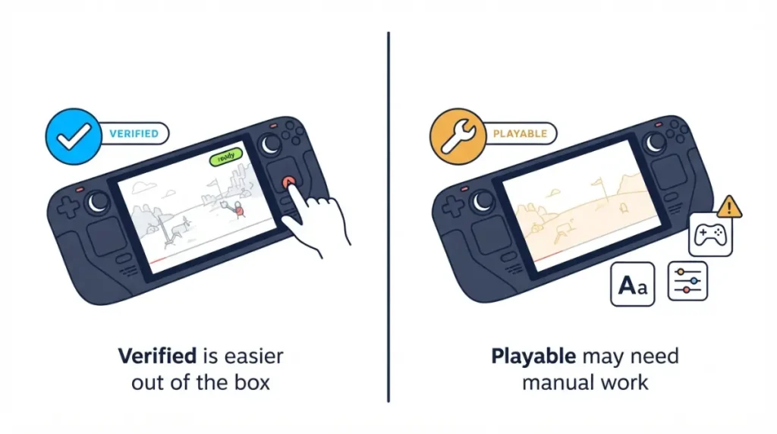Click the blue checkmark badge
click(74, 137)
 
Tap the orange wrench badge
click(458, 137)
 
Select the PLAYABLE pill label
click(520, 134)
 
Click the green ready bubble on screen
click(226, 157)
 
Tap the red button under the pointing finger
click(289, 182)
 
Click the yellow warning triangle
click(728, 206)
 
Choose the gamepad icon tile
click(710, 235)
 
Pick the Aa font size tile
click(632, 284)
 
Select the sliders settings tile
click(687, 281)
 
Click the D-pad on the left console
click(68, 206)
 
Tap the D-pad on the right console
click(452, 206)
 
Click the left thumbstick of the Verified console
click(98, 202)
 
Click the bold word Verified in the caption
click(157, 356)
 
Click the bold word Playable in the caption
click(533, 357)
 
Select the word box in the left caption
click(252, 382)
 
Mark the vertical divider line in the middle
click(388, 217)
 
